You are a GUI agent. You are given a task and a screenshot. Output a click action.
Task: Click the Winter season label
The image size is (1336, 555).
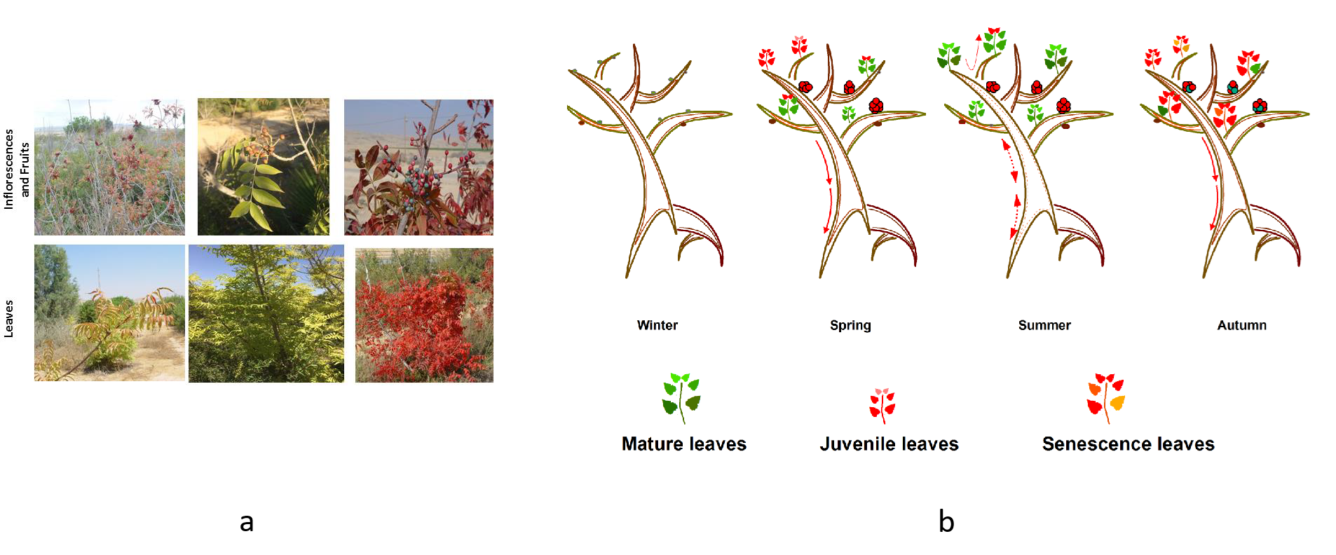pos(657,325)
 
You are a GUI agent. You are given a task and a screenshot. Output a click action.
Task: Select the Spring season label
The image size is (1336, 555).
pos(850,325)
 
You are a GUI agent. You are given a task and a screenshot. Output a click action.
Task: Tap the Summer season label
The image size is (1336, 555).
pos(1044,325)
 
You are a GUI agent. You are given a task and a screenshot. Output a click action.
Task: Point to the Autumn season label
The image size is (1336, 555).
pos(1241,325)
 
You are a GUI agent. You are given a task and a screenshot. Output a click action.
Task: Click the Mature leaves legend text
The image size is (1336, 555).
pos(683,444)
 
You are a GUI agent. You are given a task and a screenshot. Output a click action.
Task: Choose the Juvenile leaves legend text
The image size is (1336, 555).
pos(889,444)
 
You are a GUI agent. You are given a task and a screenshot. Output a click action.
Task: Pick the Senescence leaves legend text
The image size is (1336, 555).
pos(1128,444)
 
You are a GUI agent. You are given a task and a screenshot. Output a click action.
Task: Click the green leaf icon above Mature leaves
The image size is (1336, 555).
pos(681,397)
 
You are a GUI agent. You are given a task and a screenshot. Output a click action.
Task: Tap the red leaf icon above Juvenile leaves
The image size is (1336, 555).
pos(882,406)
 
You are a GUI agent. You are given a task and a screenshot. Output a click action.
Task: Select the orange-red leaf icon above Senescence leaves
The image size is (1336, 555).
pos(1106,398)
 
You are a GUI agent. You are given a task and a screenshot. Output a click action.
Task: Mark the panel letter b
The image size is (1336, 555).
pos(946,521)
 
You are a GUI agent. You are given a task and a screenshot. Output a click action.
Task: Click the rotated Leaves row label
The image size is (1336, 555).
pos(9,319)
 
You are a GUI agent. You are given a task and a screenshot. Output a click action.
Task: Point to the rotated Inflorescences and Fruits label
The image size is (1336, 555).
pos(17,169)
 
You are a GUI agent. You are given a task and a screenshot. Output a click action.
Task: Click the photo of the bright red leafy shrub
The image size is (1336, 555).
pos(424,315)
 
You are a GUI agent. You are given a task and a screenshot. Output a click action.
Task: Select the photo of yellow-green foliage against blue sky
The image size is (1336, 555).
pos(266,313)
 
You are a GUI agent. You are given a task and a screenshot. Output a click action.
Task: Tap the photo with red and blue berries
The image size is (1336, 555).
pos(418,167)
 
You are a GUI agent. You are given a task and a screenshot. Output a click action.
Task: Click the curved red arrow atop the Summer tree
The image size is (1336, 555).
pos(972,53)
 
